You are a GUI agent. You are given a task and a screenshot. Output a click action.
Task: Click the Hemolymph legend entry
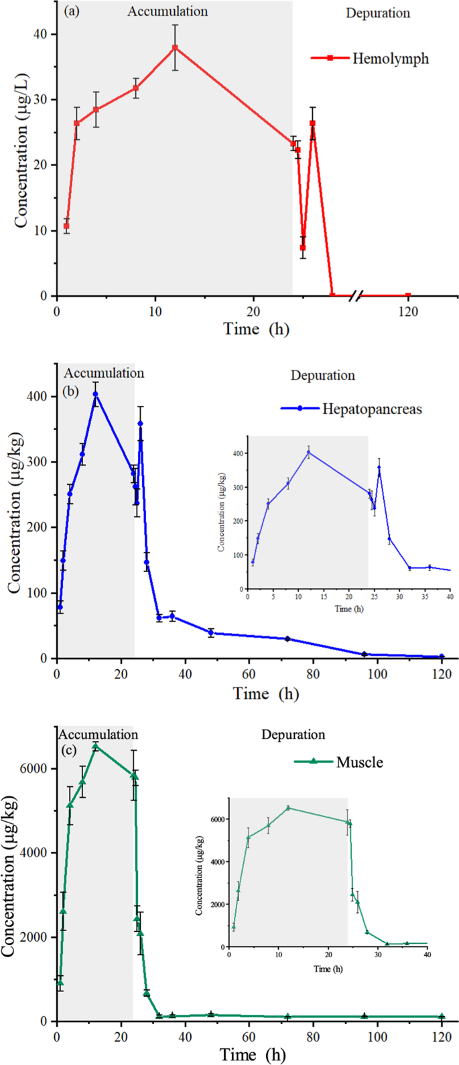369,58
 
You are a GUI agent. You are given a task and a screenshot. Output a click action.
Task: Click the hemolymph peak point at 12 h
175,48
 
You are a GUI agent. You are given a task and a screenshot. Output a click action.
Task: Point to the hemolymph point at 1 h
66,226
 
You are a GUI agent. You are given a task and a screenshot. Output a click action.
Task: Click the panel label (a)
74,12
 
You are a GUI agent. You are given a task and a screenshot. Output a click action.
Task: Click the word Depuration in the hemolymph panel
378,13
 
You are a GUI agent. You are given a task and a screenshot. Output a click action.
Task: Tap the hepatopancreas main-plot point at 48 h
210,632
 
